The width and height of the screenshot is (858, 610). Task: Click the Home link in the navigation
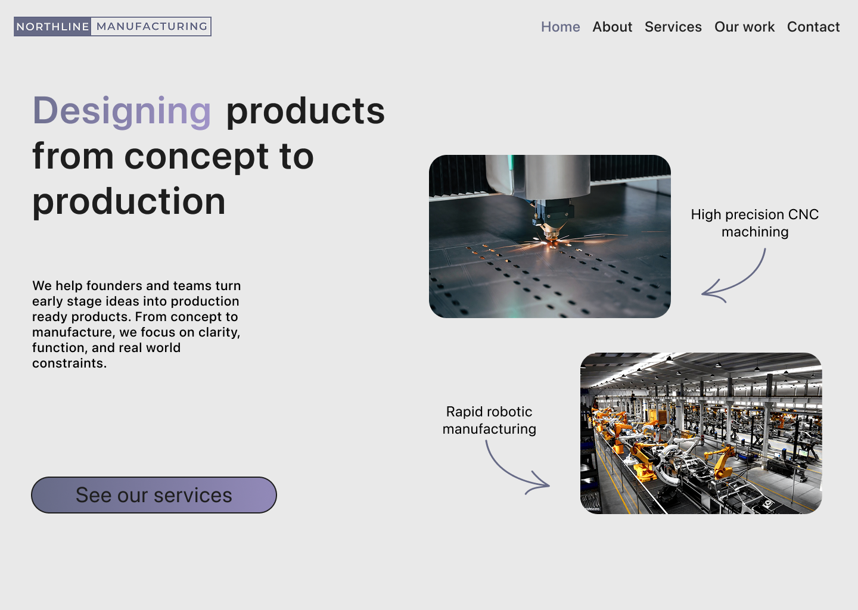560,27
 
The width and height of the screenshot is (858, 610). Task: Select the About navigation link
612,27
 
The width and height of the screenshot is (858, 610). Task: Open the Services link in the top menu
673,27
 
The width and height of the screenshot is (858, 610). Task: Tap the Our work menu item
744,27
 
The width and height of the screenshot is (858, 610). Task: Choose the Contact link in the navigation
813,27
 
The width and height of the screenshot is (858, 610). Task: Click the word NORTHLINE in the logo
52,26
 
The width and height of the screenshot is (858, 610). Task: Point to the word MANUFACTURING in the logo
151,26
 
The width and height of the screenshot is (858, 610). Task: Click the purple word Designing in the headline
122,111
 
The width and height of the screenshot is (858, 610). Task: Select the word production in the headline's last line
129,201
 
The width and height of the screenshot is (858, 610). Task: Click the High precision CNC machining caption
754,223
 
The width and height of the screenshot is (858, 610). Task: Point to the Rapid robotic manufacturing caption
489,420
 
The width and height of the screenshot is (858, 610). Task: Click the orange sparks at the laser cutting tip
551,242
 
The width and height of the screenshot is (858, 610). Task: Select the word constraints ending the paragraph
69,363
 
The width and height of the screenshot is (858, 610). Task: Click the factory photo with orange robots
701,433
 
